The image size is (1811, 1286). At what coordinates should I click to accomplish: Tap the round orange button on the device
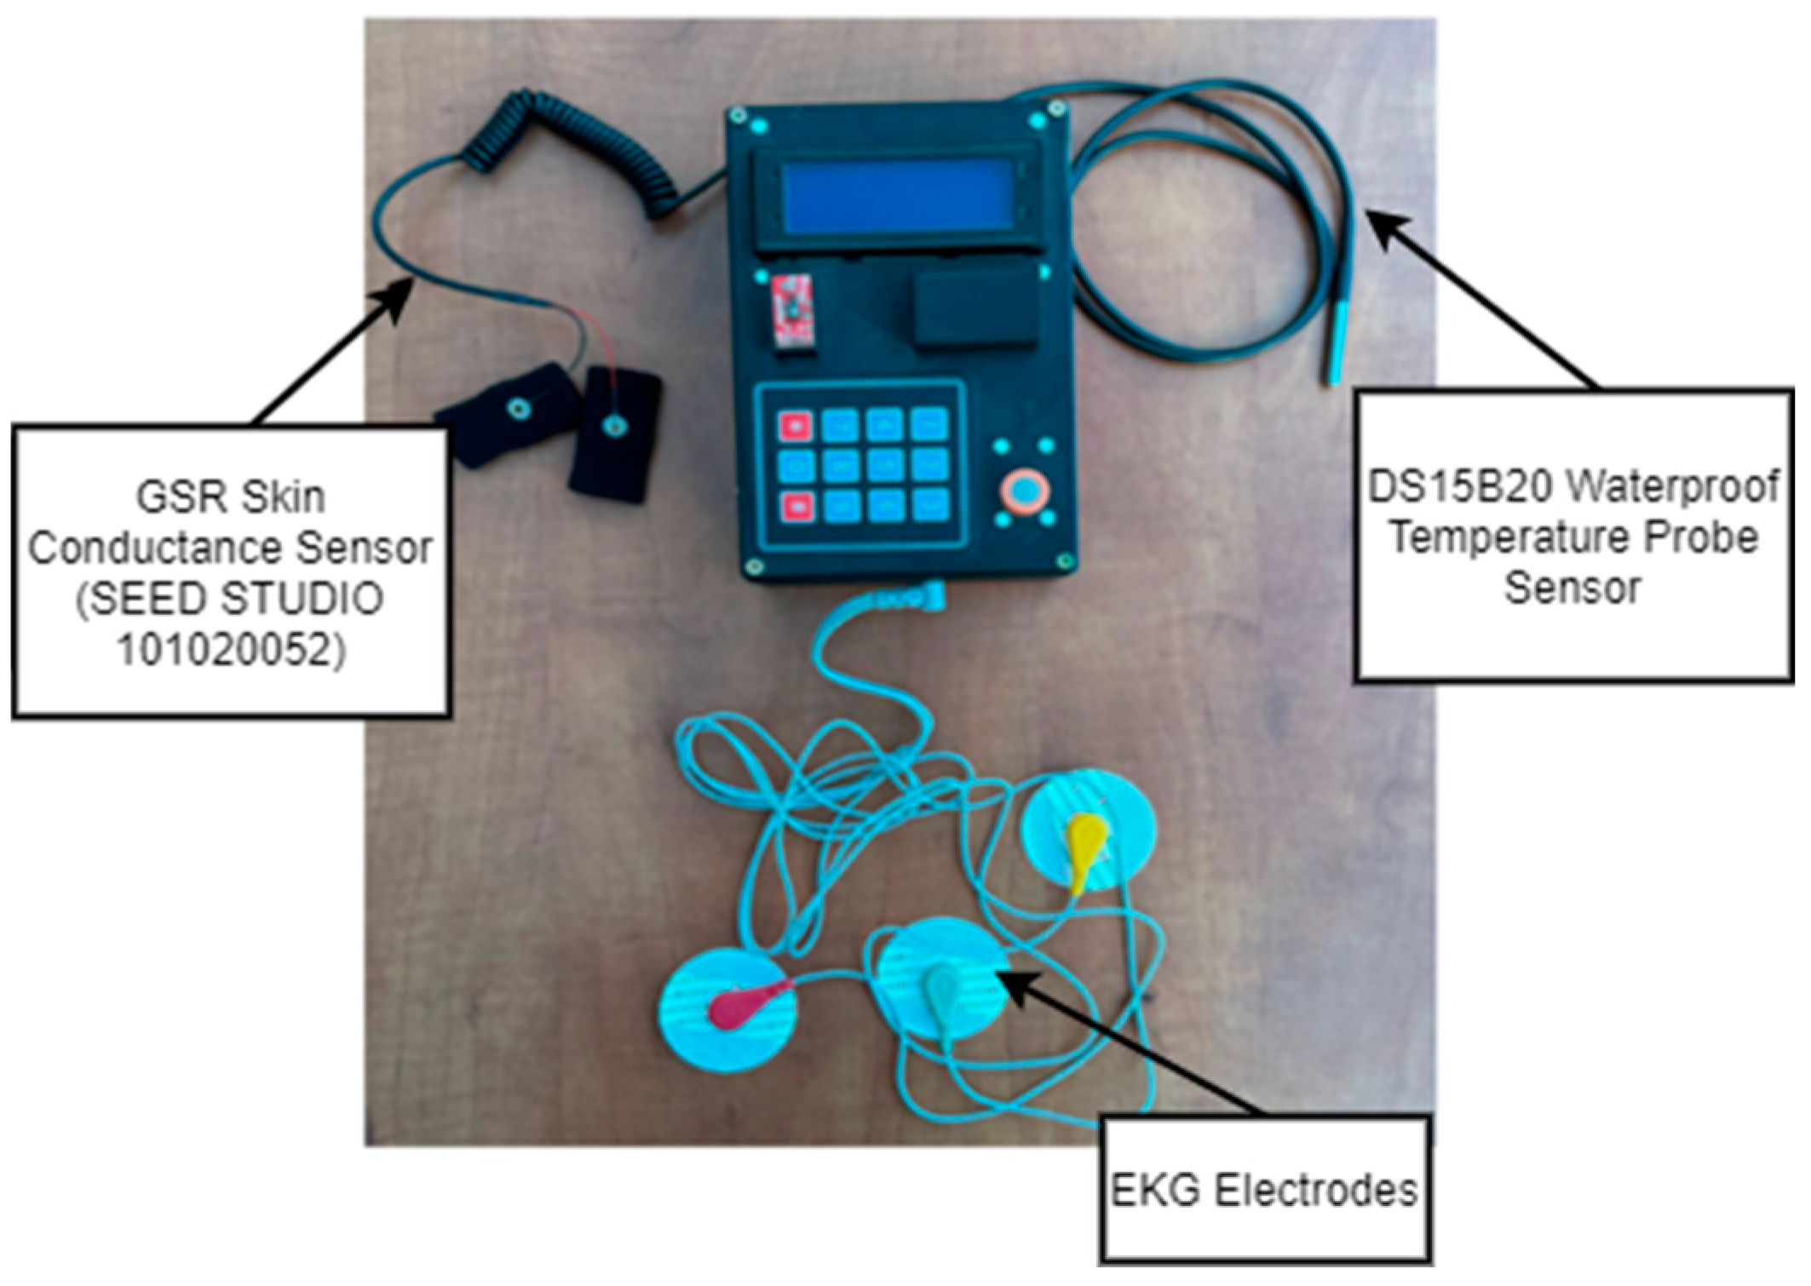coord(1025,491)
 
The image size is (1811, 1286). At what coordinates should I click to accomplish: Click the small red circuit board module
coord(792,310)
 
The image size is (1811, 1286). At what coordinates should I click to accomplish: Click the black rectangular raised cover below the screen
coord(975,304)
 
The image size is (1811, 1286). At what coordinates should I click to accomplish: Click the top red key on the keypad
coord(796,425)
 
